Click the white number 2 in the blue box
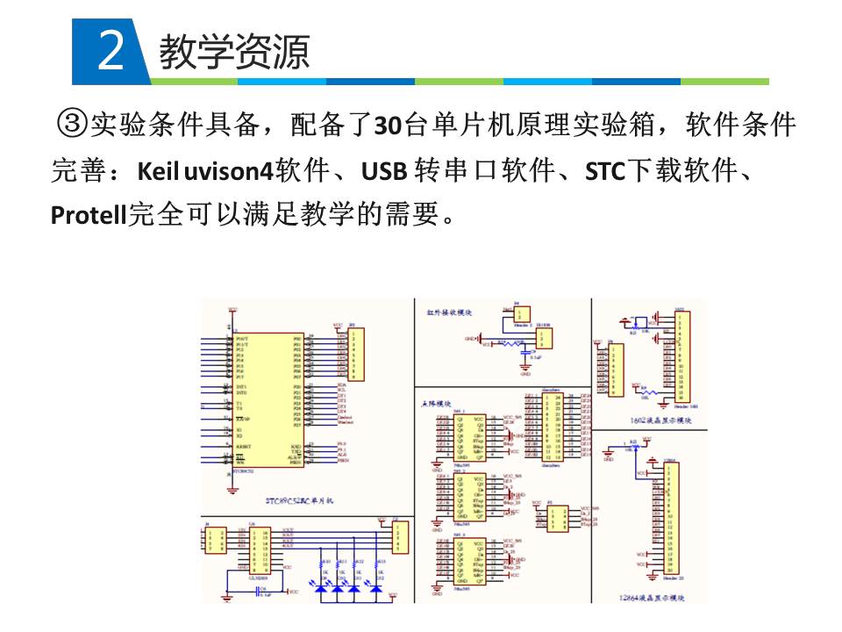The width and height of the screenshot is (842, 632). [111, 52]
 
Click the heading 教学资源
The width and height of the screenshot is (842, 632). [234, 52]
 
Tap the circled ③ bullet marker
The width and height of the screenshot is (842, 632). [71, 126]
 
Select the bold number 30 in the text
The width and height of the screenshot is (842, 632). [388, 127]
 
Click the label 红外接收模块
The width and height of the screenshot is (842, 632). [448, 312]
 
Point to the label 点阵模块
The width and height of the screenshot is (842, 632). [436, 404]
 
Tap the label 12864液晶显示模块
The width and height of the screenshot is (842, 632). [650, 597]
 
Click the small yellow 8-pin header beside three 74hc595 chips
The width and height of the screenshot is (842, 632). [558, 519]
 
